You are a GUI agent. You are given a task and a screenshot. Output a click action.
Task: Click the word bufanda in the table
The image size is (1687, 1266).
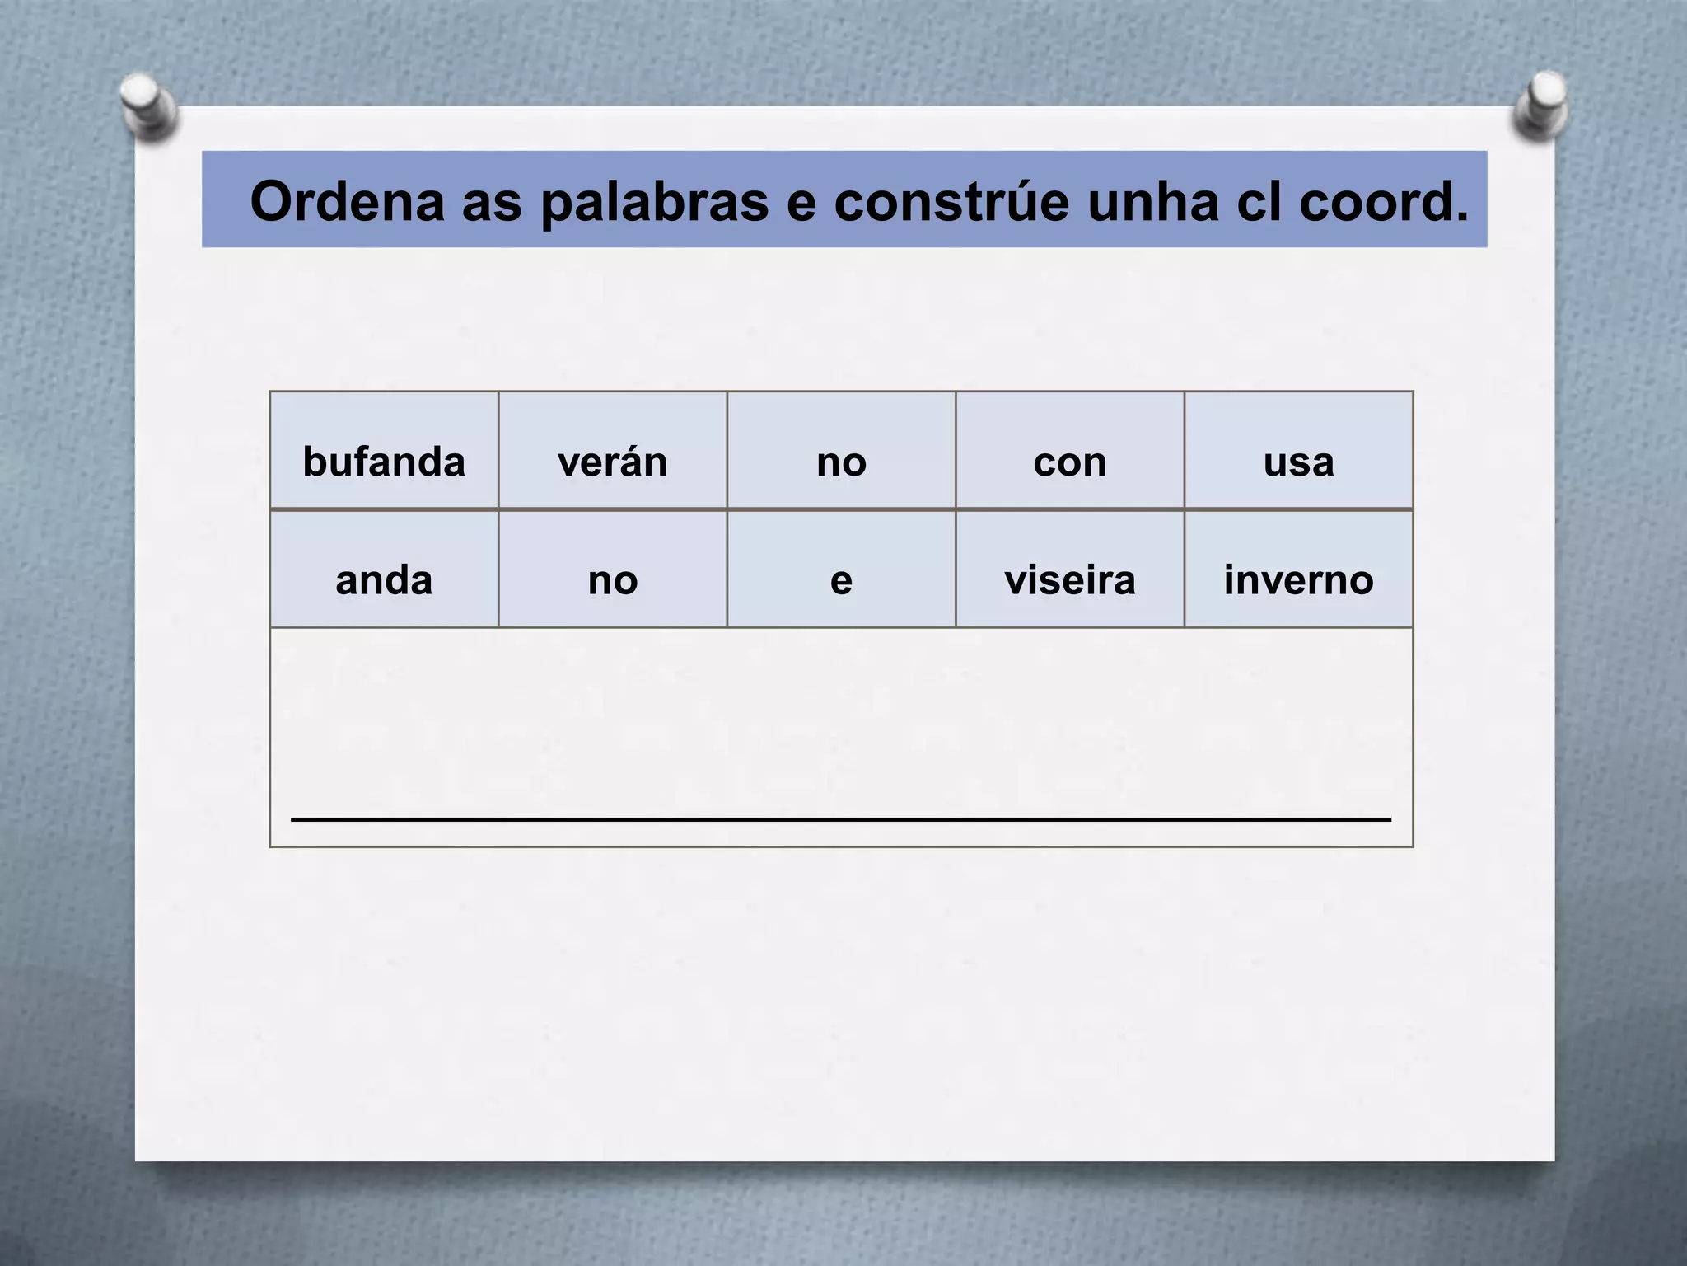[x=384, y=462]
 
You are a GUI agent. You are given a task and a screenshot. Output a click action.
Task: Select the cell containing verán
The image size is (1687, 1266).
[x=612, y=462]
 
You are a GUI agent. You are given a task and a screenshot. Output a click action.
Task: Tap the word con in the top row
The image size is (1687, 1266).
[x=1069, y=462]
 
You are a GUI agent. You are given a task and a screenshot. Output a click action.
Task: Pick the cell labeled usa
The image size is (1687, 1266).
[x=1298, y=462]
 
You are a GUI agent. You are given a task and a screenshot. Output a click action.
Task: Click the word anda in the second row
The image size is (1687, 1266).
[x=384, y=580]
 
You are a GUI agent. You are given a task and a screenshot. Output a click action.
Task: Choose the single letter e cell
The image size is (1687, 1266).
[x=841, y=580]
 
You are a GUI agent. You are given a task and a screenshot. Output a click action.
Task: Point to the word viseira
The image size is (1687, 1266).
[x=1069, y=580]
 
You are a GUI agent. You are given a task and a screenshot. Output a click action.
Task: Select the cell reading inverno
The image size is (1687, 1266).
[x=1298, y=580]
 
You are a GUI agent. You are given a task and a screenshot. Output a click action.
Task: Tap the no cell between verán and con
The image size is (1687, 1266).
[x=841, y=462]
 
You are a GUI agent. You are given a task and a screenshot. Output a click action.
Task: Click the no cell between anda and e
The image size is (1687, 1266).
[x=612, y=580]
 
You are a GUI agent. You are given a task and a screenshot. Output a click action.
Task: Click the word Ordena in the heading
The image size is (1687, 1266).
[x=347, y=201]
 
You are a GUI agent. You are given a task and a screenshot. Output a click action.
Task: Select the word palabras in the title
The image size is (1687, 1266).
[x=654, y=203]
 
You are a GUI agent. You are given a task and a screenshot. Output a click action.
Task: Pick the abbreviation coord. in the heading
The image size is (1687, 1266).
[x=1384, y=201]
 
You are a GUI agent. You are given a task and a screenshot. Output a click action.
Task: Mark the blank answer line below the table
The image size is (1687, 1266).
[x=840, y=819]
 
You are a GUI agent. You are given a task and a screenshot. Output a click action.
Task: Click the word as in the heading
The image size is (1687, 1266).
[x=492, y=203]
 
